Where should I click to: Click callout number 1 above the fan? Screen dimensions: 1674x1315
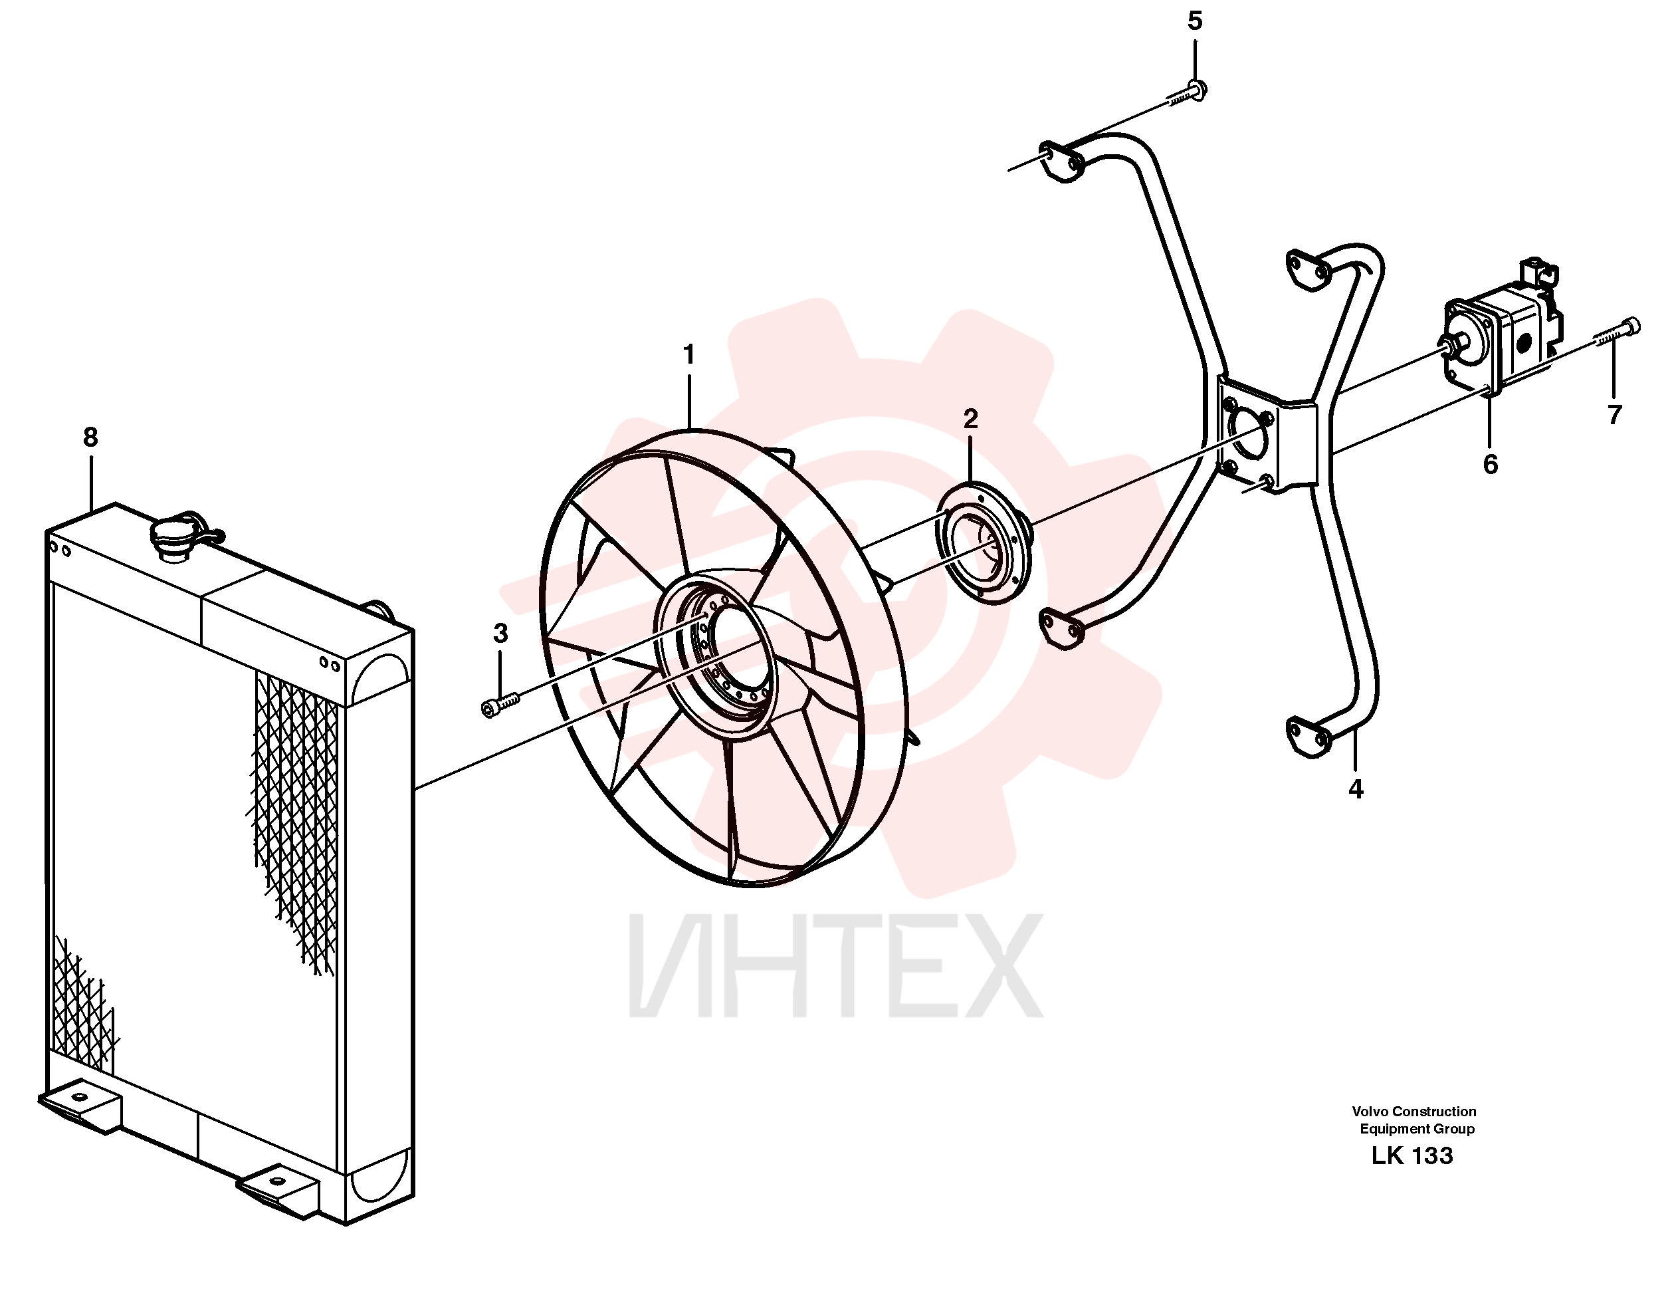tap(689, 355)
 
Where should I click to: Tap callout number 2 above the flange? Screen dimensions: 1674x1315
tap(970, 419)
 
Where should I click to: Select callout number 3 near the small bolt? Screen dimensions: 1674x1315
tap(500, 634)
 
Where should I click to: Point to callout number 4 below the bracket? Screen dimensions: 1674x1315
tap(1356, 789)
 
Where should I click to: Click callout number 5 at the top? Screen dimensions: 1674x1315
tap(1194, 21)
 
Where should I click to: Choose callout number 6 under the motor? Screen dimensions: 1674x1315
tap(1490, 464)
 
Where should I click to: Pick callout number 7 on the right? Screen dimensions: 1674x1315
tap(1615, 415)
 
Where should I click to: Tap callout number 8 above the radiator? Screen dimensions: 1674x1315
tap(91, 437)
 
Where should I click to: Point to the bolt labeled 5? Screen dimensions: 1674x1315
tap(1187, 94)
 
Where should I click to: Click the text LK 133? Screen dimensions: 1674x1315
tap(1412, 1155)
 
